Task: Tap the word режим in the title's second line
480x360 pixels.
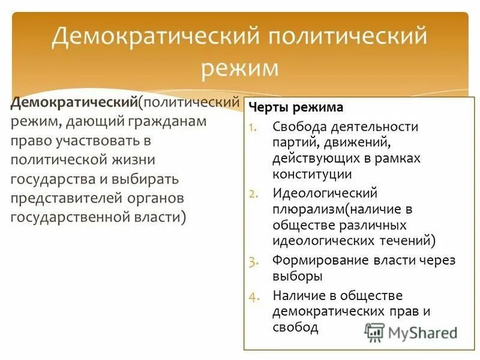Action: [x=240, y=67]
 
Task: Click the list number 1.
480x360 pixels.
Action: [x=253, y=127]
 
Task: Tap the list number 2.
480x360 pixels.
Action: [x=253, y=193]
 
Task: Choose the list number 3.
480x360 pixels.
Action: [x=253, y=260]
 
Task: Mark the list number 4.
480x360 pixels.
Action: [x=253, y=296]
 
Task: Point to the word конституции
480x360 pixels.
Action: [x=312, y=174]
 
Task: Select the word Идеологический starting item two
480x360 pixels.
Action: [x=325, y=193]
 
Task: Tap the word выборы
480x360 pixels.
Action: [x=298, y=276]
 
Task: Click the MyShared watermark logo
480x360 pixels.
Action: [x=411, y=332]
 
